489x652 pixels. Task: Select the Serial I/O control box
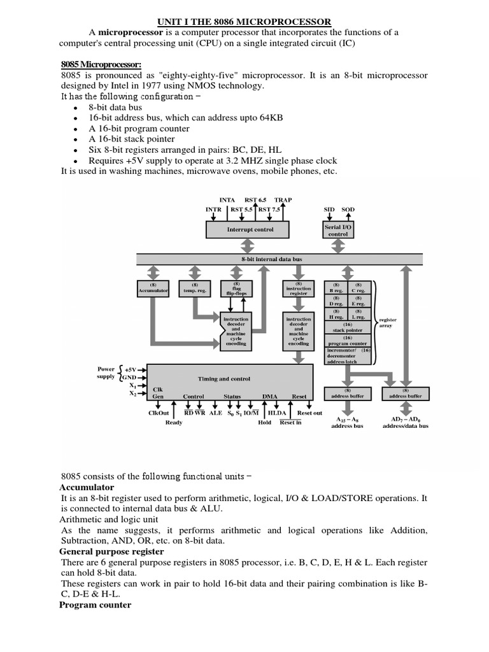(338, 230)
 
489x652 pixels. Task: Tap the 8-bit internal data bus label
(280, 259)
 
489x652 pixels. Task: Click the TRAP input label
(283, 200)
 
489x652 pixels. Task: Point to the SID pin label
(329, 209)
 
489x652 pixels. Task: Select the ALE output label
(215, 413)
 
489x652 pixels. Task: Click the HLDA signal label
(277, 413)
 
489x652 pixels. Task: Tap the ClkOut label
(159, 413)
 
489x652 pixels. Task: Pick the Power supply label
(106, 372)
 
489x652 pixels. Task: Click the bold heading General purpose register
(111, 551)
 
